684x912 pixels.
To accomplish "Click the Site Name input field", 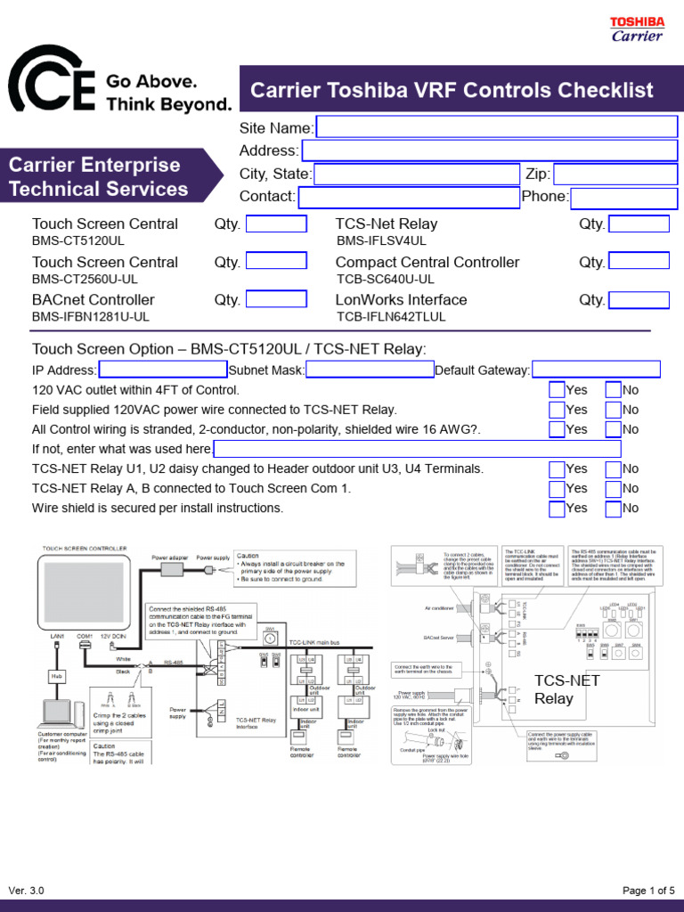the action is (496, 127).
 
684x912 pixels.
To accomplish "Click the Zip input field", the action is (615, 174).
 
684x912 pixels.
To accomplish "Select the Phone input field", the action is (623, 197).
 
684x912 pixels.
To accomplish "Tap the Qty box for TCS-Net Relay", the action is (638, 224).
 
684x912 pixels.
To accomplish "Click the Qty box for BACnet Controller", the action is (276, 299).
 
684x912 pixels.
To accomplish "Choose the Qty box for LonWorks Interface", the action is (638, 299).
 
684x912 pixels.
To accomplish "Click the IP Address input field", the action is (163, 370).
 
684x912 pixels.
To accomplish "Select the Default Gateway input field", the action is (596, 370).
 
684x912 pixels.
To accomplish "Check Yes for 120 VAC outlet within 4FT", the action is (557, 390).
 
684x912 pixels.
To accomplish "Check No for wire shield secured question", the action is (613, 509).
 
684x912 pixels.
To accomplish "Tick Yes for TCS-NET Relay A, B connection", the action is (557, 489).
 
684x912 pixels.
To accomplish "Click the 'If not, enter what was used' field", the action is (417, 449).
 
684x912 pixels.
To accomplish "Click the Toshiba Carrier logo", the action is (636, 28).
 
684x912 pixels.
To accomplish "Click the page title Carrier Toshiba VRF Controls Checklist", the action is (452, 90).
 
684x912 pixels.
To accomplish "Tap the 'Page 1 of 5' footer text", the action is (648, 891).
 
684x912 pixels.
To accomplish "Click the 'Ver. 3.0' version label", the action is (26, 891).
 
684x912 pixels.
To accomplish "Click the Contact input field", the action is (409, 197).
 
